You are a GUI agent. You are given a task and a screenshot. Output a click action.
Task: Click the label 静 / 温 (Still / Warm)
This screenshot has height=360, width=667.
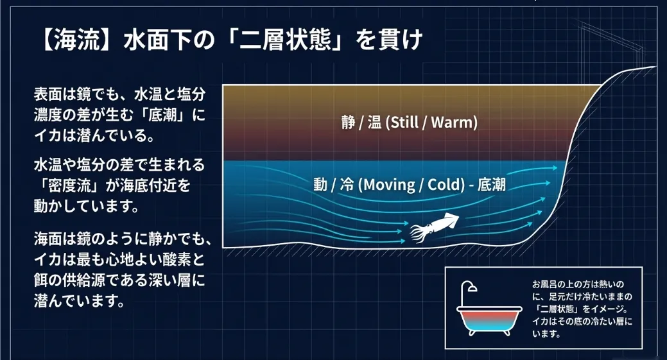[x=410, y=123]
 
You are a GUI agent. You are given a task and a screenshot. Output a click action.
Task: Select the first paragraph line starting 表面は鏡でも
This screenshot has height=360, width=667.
[x=119, y=95]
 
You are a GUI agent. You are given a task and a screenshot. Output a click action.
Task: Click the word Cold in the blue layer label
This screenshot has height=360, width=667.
[x=440, y=185]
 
